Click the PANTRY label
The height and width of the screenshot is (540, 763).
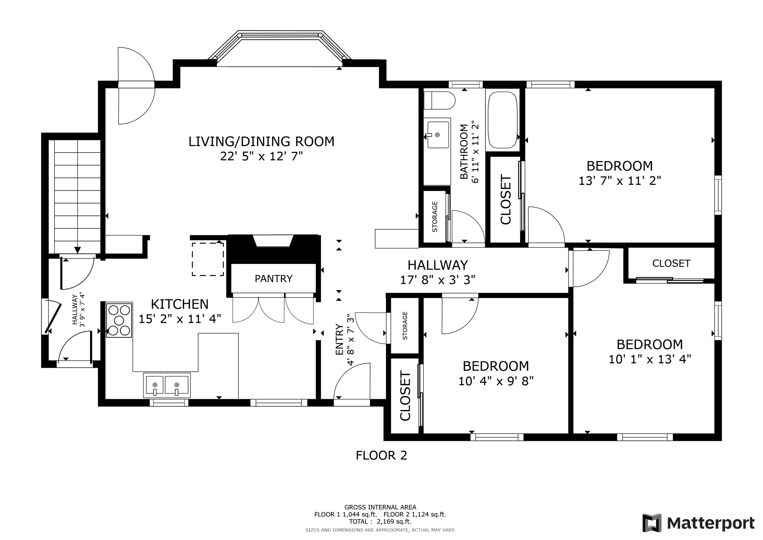(x=273, y=279)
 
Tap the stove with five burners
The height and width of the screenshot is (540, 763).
(x=119, y=320)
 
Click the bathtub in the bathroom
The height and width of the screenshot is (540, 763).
(x=503, y=120)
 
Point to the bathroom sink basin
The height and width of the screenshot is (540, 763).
(x=438, y=134)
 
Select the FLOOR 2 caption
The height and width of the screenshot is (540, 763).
(x=381, y=455)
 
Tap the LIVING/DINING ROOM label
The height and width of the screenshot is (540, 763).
(x=261, y=141)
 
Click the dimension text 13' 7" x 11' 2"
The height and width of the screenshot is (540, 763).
(x=620, y=181)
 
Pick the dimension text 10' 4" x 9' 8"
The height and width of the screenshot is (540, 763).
(x=496, y=381)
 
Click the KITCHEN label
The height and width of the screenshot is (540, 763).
(x=180, y=304)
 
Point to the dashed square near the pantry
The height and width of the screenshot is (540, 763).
(x=208, y=259)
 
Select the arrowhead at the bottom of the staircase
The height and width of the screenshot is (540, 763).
(x=77, y=250)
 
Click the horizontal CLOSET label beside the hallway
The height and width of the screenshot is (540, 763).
(x=671, y=263)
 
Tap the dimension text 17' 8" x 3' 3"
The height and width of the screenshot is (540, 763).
(x=438, y=280)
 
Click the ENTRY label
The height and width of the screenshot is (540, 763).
(x=339, y=339)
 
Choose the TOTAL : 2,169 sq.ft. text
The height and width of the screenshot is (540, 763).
(x=380, y=522)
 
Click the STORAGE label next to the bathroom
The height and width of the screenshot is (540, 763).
(x=435, y=217)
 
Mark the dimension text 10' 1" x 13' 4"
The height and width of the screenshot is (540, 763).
(x=650, y=359)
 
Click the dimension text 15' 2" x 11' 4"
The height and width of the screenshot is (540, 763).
(x=180, y=319)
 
